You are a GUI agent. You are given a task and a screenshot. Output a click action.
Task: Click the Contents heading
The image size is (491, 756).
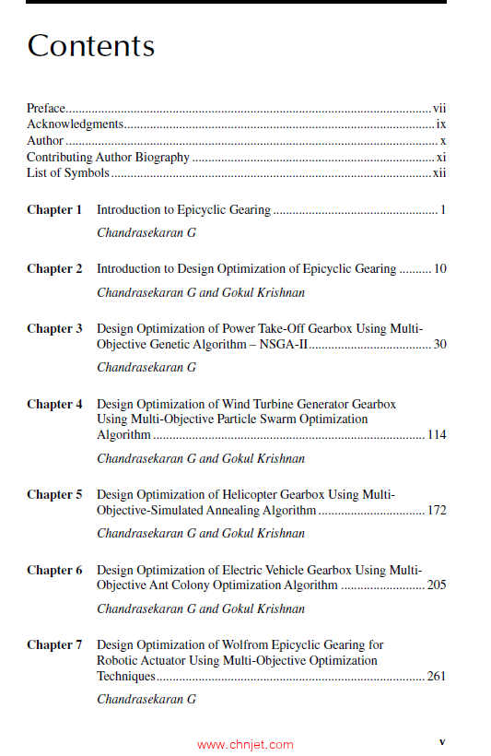click(x=90, y=46)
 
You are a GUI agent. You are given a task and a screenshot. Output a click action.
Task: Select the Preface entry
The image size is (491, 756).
click(x=46, y=109)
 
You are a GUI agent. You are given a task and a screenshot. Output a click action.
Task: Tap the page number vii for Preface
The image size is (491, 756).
click(x=439, y=109)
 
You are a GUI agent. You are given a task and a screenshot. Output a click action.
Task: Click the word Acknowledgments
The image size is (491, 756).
click(x=75, y=124)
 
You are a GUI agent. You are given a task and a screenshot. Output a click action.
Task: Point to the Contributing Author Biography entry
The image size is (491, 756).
click(x=108, y=157)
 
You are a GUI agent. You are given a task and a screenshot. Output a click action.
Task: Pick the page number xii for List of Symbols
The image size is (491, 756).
click(x=439, y=173)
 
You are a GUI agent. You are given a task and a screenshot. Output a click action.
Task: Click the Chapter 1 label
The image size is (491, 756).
click(x=54, y=210)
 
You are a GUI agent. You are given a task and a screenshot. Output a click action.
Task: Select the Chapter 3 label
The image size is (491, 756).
click(x=54, y=328)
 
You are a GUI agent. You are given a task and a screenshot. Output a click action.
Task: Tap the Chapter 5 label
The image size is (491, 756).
click(x=54, y=495)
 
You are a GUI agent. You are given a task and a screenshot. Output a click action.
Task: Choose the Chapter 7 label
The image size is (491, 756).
click(x=54, y=645)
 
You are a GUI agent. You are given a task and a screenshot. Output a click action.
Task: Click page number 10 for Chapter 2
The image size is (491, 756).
click(x=439, y=269)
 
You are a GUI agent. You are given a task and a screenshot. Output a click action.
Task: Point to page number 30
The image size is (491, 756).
click(x=439, y=345)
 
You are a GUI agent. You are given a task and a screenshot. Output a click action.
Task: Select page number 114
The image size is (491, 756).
click(x=436, y=435)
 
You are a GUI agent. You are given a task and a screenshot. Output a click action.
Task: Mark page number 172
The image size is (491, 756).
click(x=436, y=511)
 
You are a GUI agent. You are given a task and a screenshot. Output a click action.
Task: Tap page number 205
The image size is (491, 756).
click(x=436, y=585)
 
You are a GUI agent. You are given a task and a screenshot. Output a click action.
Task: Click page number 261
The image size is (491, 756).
click(x=436, y=677)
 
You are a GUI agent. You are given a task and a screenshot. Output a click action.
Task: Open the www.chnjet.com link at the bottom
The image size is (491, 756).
click(x=245, y=745)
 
